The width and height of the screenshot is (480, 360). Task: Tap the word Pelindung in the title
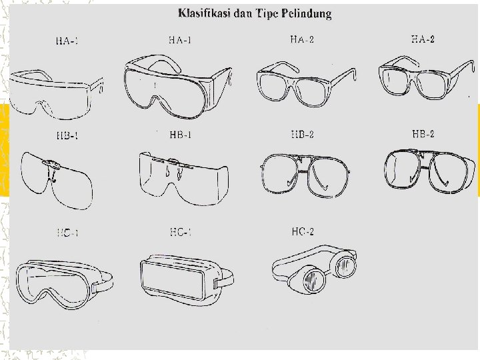pyautogui.click(x=307, y=13)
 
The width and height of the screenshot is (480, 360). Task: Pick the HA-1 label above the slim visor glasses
pyautogui.click(x=67, y=41)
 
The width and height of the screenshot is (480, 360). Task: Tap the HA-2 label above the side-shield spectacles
pyautogui.click(x=423, y=39)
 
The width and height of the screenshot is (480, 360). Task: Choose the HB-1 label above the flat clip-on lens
pyautogui.click(x=67, y=136)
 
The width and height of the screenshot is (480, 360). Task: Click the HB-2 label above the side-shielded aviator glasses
pyautogui.click(x=423, y=134)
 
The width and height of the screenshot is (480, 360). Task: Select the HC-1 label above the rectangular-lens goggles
pyautogui.click(x=181, y=232)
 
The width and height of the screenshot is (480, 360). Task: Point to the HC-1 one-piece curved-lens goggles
pyautogui.click(x=63, y=282)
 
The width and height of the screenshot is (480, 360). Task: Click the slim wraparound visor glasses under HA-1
pyautogui.click(x=59, y=89)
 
